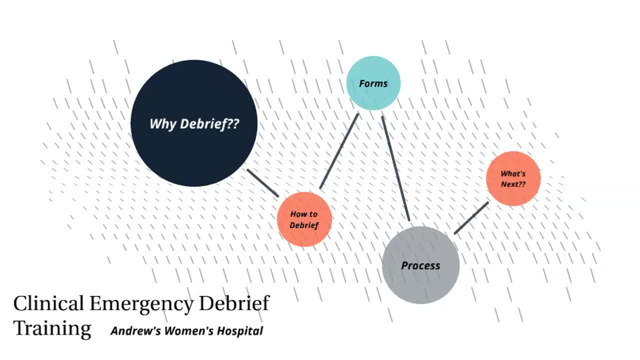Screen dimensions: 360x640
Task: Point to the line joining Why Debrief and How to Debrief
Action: tap(262, 183)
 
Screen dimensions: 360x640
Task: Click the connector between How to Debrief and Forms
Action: tap(339, 151)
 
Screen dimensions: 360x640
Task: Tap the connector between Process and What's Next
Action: tap(471, 217)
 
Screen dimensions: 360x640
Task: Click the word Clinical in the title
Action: tap(48, 303)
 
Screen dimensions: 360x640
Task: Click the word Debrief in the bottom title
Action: tap(234, 303)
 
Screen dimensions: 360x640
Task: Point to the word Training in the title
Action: tap(52, 328)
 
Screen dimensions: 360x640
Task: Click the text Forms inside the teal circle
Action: tap(373, 83)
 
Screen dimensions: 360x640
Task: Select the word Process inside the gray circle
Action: tap(420, 265)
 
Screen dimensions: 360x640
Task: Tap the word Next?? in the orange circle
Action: tap(513, 184)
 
